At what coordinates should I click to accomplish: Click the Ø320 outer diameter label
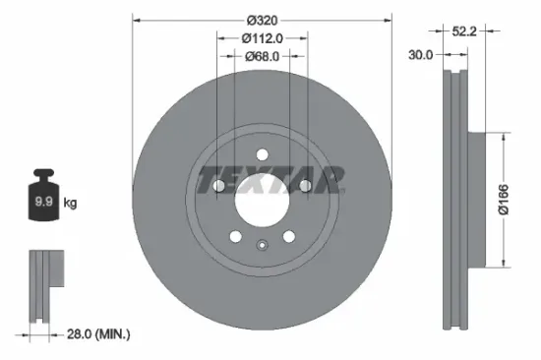262,21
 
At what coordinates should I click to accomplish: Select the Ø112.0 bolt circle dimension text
262,38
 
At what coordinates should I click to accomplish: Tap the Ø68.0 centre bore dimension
262,55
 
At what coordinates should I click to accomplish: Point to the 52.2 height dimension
465,32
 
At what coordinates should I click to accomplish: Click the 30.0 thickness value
420,55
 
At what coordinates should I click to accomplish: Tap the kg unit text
70,204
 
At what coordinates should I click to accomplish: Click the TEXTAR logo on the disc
270,181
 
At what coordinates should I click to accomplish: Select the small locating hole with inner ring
261,247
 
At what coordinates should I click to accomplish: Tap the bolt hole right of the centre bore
306,185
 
